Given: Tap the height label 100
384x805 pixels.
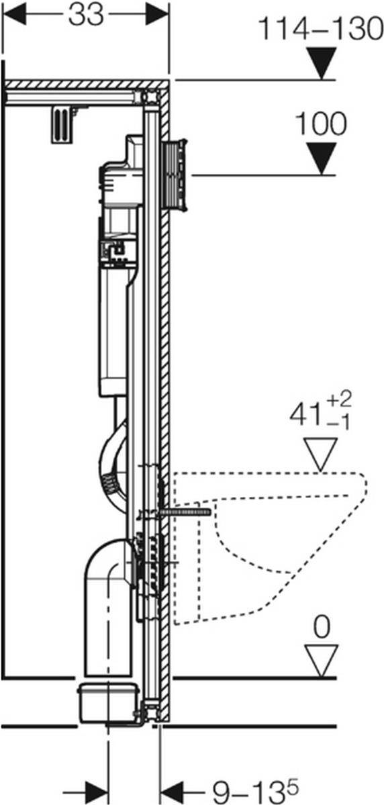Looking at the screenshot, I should [x=320, y=125].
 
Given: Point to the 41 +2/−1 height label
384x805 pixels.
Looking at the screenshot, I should [x=318, y=414].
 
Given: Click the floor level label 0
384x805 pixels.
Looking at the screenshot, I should [x=322, y=627].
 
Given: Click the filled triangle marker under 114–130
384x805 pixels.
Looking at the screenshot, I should [x=320, y=63].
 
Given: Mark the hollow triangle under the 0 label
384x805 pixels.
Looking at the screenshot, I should [x=320, y=660].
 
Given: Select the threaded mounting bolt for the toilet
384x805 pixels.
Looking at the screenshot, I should [x=185, y=512].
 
